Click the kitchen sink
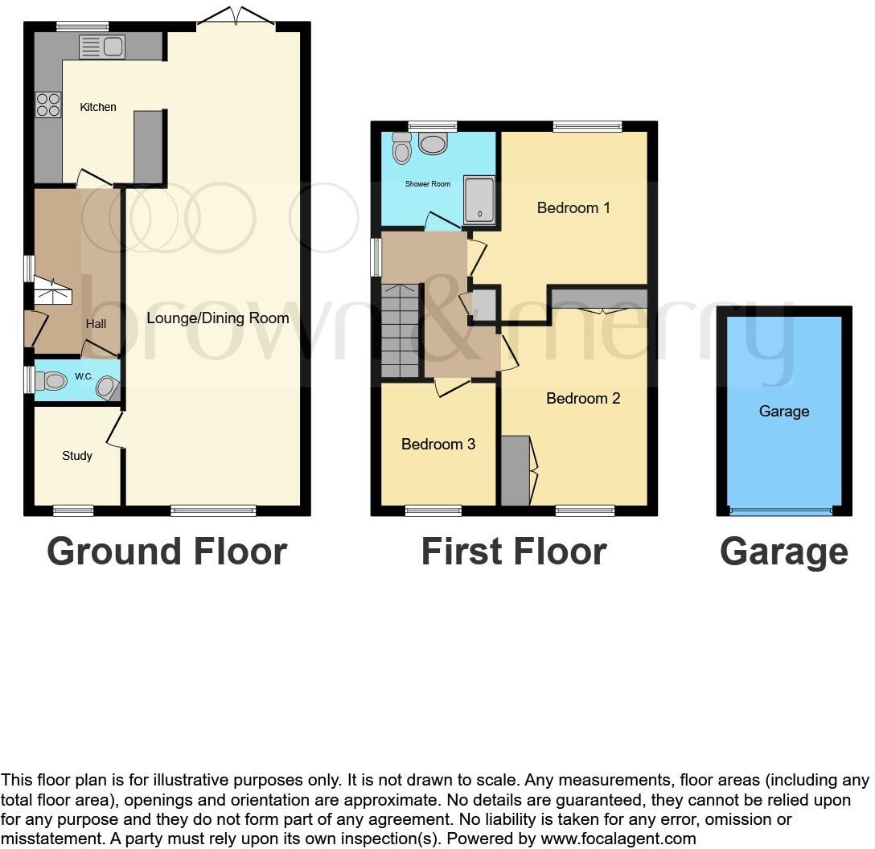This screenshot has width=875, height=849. click(101, 47)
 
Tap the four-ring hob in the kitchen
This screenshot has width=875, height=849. click(47, 105)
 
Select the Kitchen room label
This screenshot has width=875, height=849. click(98, 107)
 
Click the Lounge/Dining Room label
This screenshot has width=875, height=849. click(217, 318)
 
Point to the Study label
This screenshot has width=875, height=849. click(77, 456)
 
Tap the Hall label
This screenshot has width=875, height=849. click(96, 324)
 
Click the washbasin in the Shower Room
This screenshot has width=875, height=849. click(433, 145)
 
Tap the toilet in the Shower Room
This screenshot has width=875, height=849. click(401, 148)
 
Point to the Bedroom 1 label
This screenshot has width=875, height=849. click(573, 208)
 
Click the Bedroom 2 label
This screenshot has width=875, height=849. click(583, 398)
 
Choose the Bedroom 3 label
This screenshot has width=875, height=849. click(438, 444)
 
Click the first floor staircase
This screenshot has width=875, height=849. click(401, 330)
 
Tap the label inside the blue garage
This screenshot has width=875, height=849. click(783, 412)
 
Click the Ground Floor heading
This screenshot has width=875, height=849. click(166, 552)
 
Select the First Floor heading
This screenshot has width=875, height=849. click(513, 552)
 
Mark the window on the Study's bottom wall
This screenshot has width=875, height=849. click(73, 510)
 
